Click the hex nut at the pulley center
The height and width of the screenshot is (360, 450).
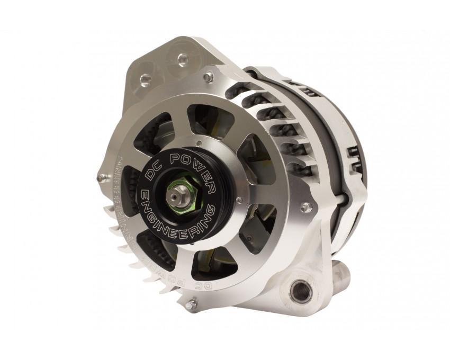pyautogui.click(x=176, y=195)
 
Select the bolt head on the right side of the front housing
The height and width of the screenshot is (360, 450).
pyautogui.click(x=305, y=206)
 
